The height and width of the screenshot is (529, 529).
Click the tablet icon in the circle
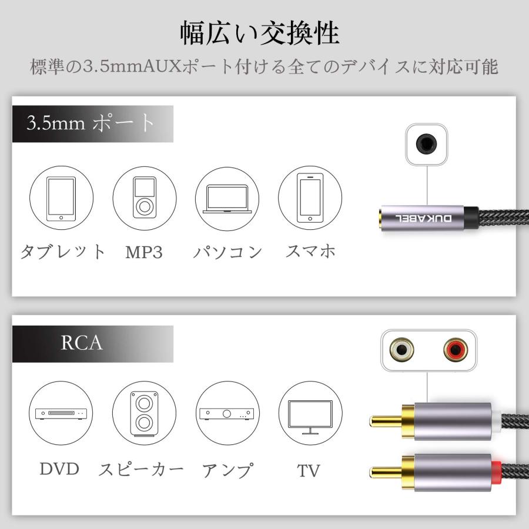click(61, 199)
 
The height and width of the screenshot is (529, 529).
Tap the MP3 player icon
click(144, 199)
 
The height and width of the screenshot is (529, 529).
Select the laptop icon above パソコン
click(227, 199)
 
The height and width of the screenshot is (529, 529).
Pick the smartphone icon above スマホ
click(310, 199)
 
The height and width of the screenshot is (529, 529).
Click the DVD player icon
click(61, 414)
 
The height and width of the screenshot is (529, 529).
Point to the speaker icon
click(144, 414)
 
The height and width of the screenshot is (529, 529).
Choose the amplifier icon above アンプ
click(227, 414)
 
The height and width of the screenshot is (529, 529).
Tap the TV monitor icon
click(310, 413)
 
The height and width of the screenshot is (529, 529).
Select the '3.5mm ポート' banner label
click(91, 123)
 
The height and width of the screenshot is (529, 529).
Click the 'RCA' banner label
click(82, 343)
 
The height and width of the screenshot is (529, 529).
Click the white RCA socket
click(403, 351)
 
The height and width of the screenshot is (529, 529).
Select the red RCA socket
click(455, 351)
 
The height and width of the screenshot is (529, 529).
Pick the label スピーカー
click(141, 470)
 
